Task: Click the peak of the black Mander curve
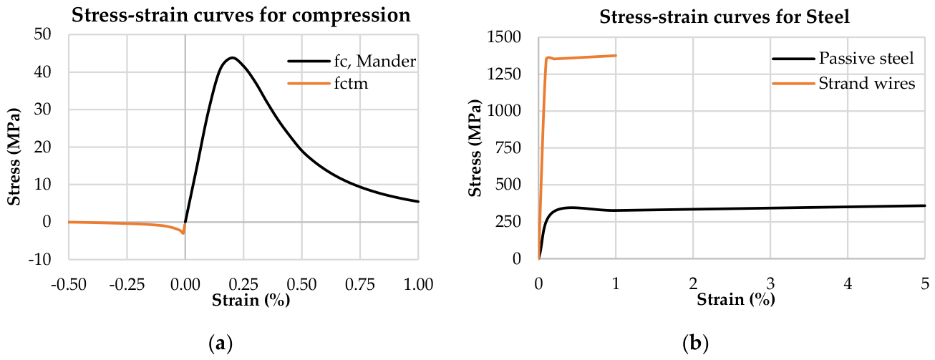pyautogui.click(x=232, y=57)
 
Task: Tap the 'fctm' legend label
pyautogui.click(x=351, y=84)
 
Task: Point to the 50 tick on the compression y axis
pyautogui.click(x=42, y=34)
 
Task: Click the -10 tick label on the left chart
pyautogui.click(x=39, y=260)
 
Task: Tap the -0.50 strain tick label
pyautogui.click(x=69, y=285)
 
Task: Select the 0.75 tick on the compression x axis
pyautogui.click(x=360, y=285)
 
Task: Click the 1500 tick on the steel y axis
pyautogui.click(x=504, y=37)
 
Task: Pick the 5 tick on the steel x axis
pyautogui.click(x=925, y=284)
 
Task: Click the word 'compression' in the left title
pyautogui.click(x=351, y=16)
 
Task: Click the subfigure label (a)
pyautogui.click(x=220, y=344)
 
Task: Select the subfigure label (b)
pyautogui.click(x=695, y=344)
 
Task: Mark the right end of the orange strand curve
pyautogui.click(x=616, y=56)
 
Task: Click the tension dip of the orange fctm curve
pyautogui.click(x=183, y=233)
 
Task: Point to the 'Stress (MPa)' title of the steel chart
pyautogui.click(x=475, y=148)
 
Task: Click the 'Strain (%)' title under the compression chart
pyautogui.click(x=251, y=300)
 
